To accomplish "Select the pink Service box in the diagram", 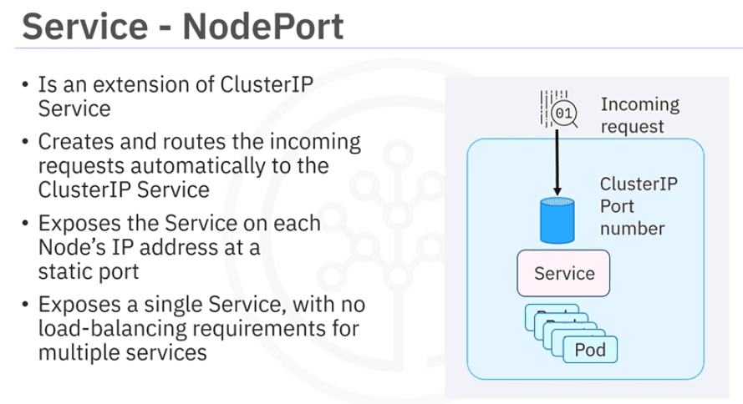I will [564, 273].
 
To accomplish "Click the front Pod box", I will [590, 349].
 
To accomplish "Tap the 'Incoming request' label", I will [639, 116].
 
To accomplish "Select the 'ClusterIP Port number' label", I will [639, 205].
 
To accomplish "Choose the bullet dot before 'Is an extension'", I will [27, 85].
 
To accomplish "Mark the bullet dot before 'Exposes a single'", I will [27, 305].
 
